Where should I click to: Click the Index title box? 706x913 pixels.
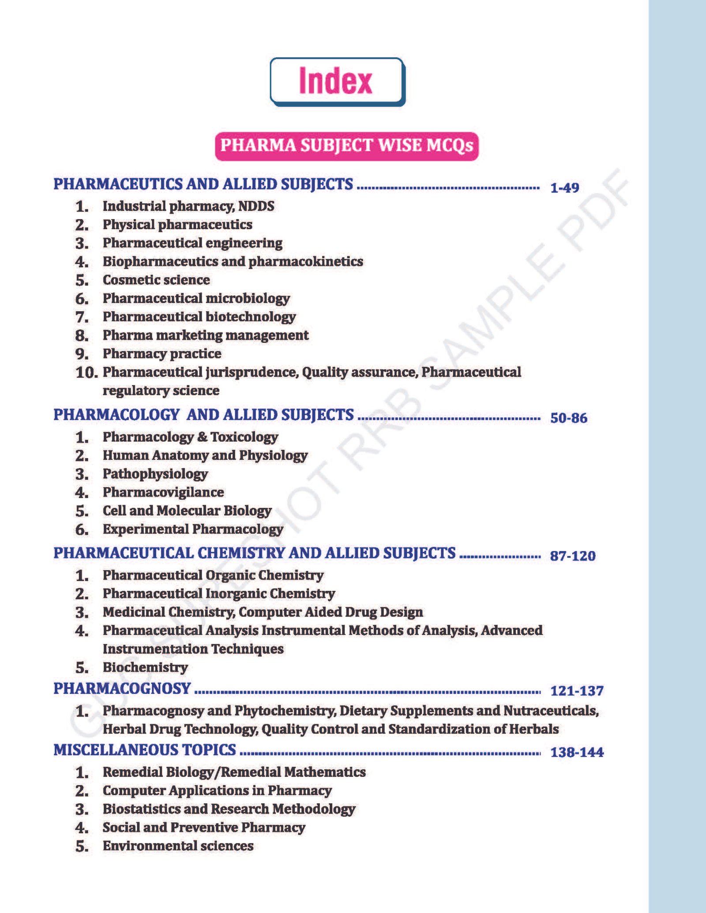tap(337, 81)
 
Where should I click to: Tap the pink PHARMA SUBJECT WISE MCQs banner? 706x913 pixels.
tap(347, 146)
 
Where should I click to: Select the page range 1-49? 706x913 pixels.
tap(564, 188)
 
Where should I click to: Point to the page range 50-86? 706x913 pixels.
tap(568, 418)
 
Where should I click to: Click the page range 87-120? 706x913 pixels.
tap(572, 556)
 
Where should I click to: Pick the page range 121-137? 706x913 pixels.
tap(577, 691)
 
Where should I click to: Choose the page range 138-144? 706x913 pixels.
tap(577, 752)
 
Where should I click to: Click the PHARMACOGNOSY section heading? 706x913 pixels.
tap(122, 689)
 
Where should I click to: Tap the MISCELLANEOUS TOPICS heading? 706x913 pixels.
tap(145, 750)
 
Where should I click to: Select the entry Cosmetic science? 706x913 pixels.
tap(156, 280)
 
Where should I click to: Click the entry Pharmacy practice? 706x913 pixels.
tap(162, 354)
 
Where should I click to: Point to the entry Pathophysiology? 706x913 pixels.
tap(155, 474)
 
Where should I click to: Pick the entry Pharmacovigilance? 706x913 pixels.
tap(163, 492)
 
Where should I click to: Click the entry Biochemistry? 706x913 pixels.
tap(145, 667)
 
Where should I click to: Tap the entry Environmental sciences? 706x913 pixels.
tap(178, 846)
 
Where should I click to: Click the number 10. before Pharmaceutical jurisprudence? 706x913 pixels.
tap(86, 373)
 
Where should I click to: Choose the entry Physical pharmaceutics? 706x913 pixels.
tap(177, 224)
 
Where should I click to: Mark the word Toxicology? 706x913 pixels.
tap(244, 437)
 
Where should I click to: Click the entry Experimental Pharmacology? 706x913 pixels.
tap(193, 529)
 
